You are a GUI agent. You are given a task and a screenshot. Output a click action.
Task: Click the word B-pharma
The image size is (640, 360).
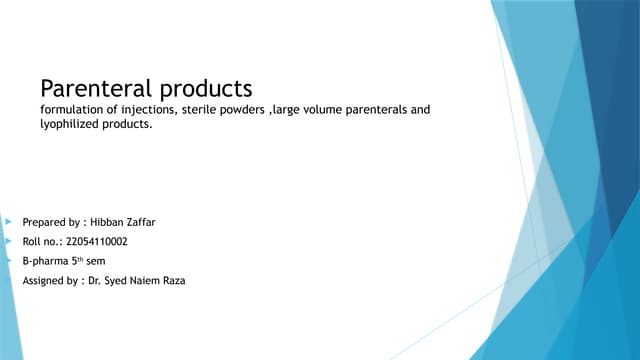pos(46,261)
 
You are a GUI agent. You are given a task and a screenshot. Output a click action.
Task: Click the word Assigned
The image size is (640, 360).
pos(45,281)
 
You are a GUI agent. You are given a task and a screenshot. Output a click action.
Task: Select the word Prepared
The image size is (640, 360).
pos(46,222)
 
